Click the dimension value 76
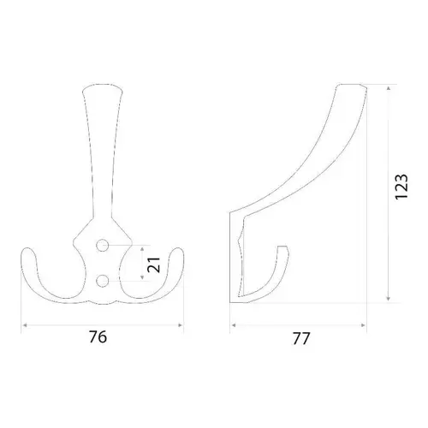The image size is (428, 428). (98, 337)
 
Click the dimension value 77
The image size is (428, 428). (301, 339)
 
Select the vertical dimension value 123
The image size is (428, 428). (401, 187)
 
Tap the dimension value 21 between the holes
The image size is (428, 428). (154, 265)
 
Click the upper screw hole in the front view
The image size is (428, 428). (103, 245)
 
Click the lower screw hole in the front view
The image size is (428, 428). (103, 281)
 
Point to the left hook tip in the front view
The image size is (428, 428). (28, 249)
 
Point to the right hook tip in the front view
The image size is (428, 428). (177, 249)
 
